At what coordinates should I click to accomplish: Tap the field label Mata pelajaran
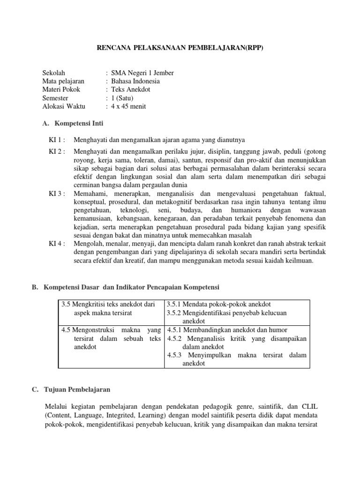pyautogui.click(x=63, y=81)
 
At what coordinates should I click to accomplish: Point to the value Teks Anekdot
pyautogui.click(x=131, y=90)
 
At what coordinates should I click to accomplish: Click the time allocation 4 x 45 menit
pyautogui.click(x=128, y=106)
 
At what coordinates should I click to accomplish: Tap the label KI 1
pyautogui.click(x=57, y=140)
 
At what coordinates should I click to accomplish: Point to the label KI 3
pyautogui.click(x=57, y=193)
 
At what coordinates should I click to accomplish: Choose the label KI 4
pyautogui.click(x=57, y=243)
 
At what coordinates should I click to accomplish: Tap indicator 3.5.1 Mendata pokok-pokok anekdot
pyautogui.click(x=218, y=304)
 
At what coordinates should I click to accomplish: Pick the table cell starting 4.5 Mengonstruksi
pyautogui.click(x=111, y=338)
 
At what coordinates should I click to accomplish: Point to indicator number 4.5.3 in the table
pyautogui.click(x=177, y=355)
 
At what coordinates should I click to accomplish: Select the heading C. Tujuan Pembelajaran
pyautogui.click(x=76, y=390)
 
